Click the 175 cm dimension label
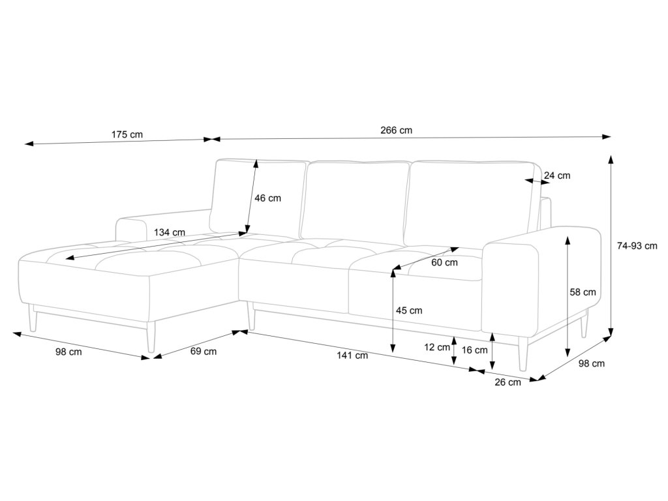[127, 135]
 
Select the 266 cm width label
[397, 130]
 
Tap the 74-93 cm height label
[637, 246]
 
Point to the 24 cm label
[556, 175]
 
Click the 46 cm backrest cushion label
[267, 198]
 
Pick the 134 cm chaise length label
[170, 232]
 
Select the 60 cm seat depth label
[444, 262]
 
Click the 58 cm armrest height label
[583, 292]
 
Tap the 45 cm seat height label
[409, 311]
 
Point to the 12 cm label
[437, 347]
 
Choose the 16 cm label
[474, 350]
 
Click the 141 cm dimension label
[352, 356]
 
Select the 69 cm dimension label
[204, 352]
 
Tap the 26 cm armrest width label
[508, 382]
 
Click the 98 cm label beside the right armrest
[591, 364]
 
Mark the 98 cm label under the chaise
[68, 352]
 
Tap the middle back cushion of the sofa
[356, 199]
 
